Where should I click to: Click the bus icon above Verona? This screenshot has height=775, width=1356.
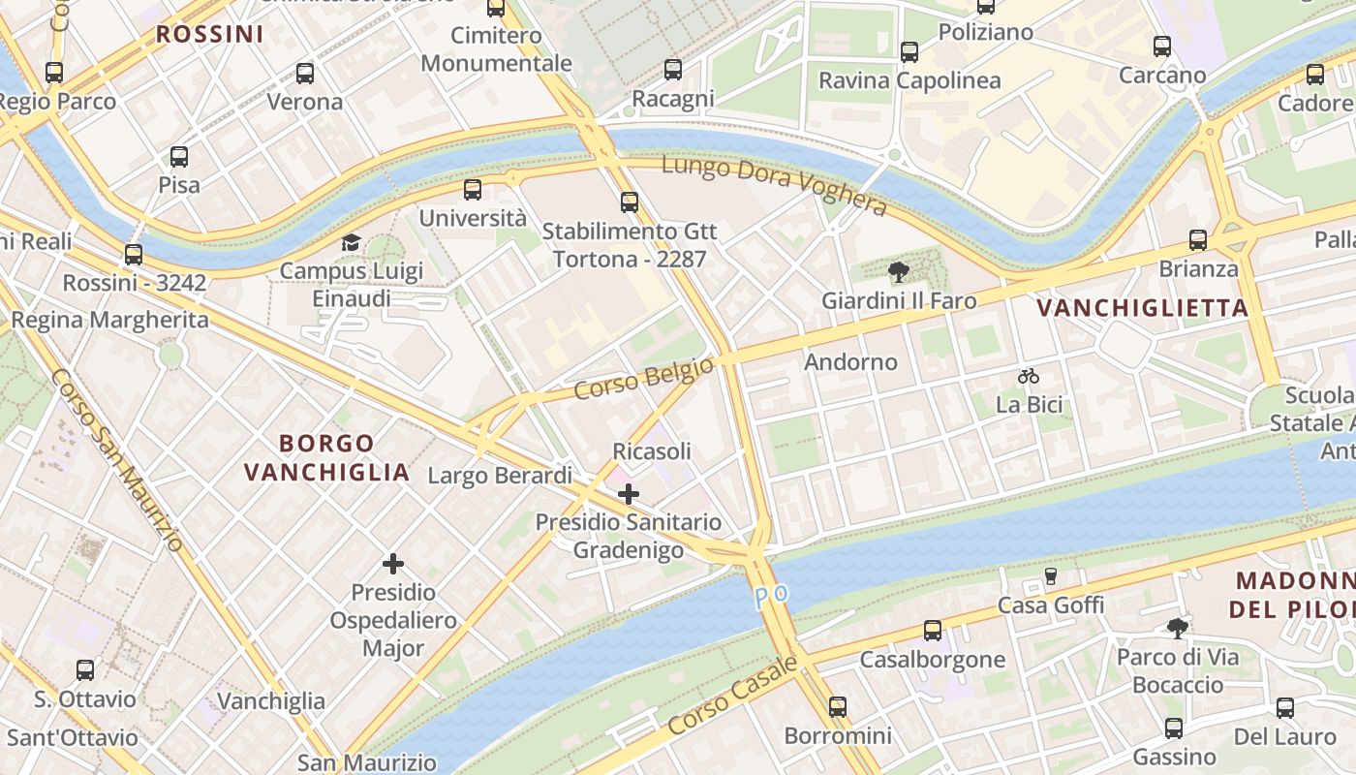pos(305,73)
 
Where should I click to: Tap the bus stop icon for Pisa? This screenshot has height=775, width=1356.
pos(179,156)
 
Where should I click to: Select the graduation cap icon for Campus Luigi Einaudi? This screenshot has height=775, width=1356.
pos(351,242)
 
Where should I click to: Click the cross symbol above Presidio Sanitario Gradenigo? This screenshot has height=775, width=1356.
pos(629,494)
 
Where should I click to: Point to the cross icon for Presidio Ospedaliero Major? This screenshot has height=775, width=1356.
pos(393,563)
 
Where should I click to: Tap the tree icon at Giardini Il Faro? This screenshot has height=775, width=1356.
pos(899,272)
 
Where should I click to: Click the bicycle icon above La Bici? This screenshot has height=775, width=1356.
pos(1029,376)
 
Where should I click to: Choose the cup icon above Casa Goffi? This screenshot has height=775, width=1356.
pos(1051,576)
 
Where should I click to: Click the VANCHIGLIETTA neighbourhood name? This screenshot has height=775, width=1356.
pos(1143,308)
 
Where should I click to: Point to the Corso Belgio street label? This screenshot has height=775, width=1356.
pos(644,378)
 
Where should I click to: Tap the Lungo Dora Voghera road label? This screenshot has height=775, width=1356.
pos(774,185)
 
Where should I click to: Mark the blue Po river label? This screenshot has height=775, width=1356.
pos(766,596)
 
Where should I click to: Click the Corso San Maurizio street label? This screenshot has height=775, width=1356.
pos(116,459)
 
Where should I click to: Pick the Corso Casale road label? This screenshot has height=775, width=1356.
pos(732,695)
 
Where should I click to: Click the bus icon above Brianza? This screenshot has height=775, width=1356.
pos(1198,240)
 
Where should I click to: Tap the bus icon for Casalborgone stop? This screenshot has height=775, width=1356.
pos(933,631)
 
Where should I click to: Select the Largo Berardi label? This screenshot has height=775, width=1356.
pos(500,476)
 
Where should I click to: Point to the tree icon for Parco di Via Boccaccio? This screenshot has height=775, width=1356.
pos(1178,629)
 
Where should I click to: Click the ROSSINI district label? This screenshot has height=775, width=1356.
pos(209,34)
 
